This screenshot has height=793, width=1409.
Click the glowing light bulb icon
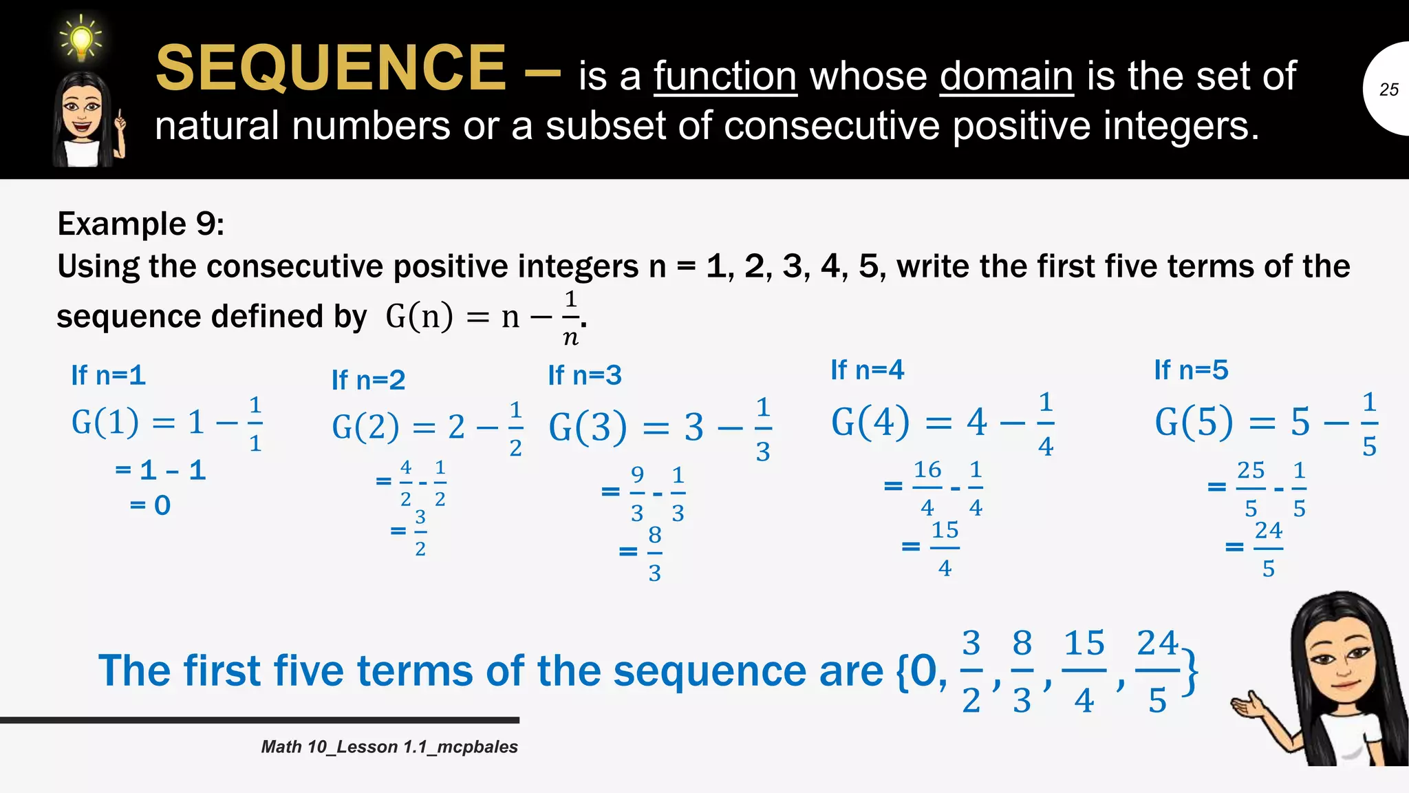click(x=81, y=39)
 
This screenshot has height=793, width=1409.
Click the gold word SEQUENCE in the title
click(x=331, y=68)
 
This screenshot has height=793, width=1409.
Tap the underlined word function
click(x=725, y=76)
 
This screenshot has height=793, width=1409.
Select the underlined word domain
click(x=1007, y=76)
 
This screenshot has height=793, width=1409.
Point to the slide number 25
click(x=1388, y=89)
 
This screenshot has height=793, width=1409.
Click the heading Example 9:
click(x=141, y=224)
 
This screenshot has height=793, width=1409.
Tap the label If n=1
click(x=109, y=375)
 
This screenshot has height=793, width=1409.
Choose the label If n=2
click(x=369, y=380)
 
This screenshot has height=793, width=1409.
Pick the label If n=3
click(x=585, y=375)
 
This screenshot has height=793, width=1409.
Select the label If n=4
click(x=868, y=370)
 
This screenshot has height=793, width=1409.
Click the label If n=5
click(x=1192, y=370)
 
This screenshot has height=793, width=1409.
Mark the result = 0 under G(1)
click(x=151, y=505)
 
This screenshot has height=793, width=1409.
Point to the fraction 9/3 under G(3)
click(x=638, y=494)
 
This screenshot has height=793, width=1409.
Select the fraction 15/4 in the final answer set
click(x=1084, y=671)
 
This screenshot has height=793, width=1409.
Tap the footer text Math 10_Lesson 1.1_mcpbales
click(x=389, y=747)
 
